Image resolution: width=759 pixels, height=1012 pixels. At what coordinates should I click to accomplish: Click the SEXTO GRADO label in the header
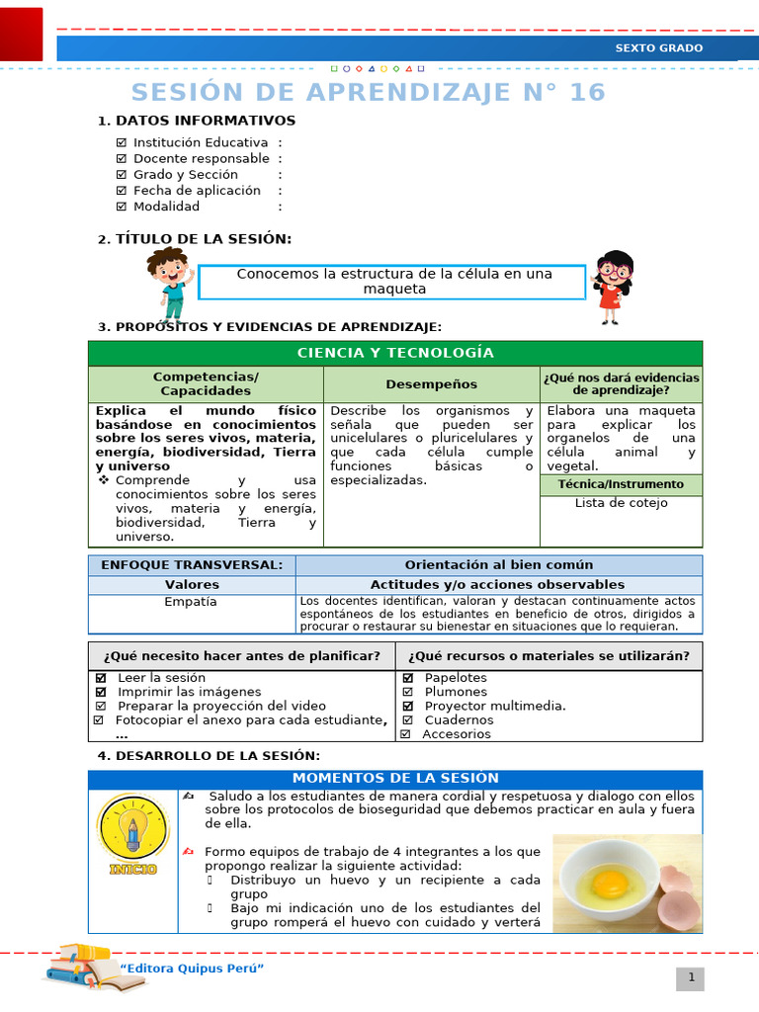[x=659, y=48]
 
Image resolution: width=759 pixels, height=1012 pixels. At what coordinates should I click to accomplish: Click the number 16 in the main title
[x=585, y=93]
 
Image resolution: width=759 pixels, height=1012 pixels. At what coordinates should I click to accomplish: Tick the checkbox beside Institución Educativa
[x=122, y=142]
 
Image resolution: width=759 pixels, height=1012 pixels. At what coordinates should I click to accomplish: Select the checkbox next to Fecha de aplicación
[x=122, y=191]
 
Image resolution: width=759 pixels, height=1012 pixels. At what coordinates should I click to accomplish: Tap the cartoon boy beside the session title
[x=169, y=284]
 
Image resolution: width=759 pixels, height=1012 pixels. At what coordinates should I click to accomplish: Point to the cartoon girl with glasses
[x=613, y=287]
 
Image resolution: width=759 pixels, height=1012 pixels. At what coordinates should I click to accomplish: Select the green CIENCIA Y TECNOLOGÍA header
[x=395, y=353]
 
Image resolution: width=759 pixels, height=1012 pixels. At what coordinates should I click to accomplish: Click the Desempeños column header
[x=431, y=384]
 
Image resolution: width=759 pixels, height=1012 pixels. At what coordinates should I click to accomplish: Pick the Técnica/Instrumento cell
[x=621, y=484]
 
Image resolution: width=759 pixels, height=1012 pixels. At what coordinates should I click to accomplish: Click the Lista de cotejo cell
[x=621, y=503]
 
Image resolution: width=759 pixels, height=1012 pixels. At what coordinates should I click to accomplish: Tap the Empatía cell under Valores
[x=191, y=602]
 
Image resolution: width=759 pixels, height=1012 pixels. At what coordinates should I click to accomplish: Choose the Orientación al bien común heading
[x=498, y=565]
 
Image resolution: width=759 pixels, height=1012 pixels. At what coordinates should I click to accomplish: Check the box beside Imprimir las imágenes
[x=100, y=692]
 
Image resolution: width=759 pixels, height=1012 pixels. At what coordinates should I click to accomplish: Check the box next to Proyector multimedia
[x=408, y=706]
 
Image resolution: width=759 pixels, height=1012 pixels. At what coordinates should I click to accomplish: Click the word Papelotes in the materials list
[x=456, y=678]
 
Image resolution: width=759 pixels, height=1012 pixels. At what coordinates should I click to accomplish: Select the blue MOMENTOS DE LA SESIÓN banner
[x=395, y=779]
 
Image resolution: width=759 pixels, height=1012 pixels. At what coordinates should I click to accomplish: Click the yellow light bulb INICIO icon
[x=132, y=834]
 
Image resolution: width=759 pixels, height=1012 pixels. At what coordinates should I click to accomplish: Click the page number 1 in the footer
[x=692, y=978]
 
